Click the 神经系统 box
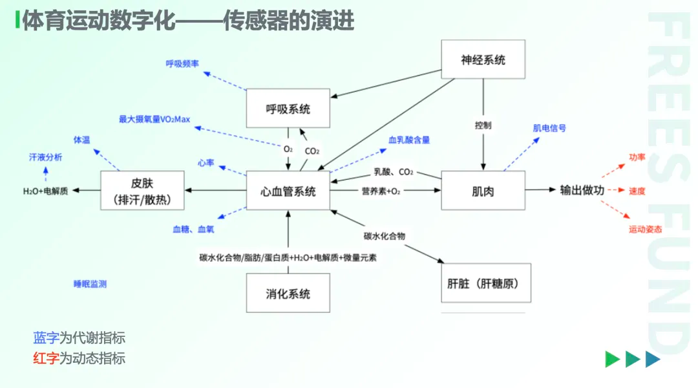click(x=483, y=59)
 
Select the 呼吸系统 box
click(x=288, y=109)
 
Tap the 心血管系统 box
click(x=288, y=191)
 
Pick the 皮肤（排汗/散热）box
click(x=142, y=191)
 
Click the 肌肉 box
click(x=483, y=191)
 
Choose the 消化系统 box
click(x=288, y=294)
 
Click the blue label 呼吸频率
click(x=182, y=63)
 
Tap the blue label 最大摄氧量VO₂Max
click(x=154, y=119)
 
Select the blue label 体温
click(x=81, y=140)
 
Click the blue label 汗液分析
click(x=46, y=157)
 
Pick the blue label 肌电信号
click(x=549, y=128)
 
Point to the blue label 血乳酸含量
click(x=409, y=140)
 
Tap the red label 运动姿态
click(x=645, y=230)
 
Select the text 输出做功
click(x=582, y=191)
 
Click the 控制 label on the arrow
click(x=483, y=125)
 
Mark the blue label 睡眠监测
click(x=90, y=284)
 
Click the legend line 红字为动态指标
click(x=79, y=358)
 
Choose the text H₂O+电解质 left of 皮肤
click(x=45, y=191)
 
